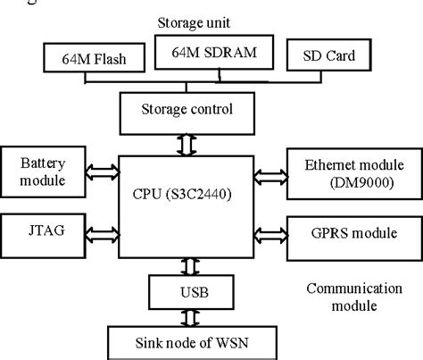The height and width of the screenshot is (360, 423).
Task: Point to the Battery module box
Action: (x=42, y=172)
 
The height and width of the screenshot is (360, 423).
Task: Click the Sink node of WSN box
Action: (x=189, y=342)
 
